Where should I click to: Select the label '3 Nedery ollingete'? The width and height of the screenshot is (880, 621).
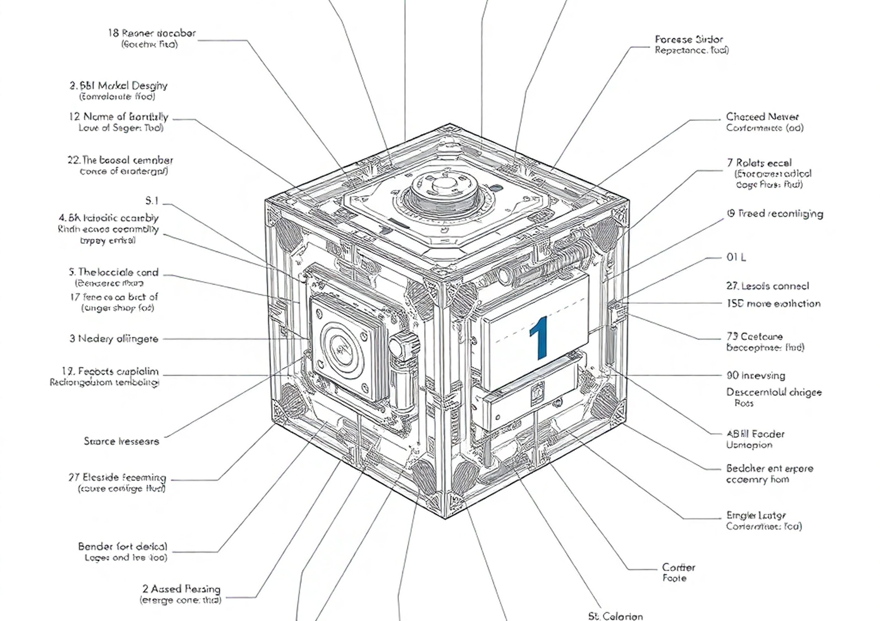pos(114,339)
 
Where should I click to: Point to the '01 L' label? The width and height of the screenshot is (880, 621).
pos(736,257)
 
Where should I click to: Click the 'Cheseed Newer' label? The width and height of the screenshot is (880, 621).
pos(762,117)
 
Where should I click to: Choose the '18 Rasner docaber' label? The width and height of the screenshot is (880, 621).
pos(152,33)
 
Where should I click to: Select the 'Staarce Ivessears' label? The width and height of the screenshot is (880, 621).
pos(122,441)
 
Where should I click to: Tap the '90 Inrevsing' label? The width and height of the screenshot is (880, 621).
pos(755,375)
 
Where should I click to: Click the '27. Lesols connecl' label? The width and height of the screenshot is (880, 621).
pos(767,286)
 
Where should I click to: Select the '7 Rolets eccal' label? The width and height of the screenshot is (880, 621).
pos(759,163)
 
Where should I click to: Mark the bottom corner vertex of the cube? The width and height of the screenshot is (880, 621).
pos(445,518)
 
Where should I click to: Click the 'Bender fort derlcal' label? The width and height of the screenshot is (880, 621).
pos(123,546)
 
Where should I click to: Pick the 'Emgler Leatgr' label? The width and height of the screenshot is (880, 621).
pos(756,515)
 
